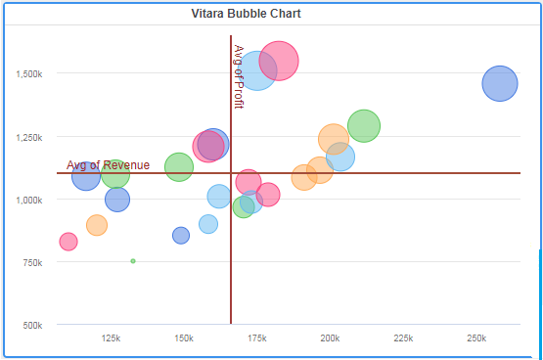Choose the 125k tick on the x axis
(111, 337)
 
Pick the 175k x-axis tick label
(257, 337)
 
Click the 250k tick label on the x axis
(476, 337)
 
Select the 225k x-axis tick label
(403, 337)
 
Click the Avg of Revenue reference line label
(108, 165)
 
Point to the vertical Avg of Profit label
(239, 77)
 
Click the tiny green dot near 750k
(133, 261)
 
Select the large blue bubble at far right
(500, 83)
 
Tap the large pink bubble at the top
(280, 61)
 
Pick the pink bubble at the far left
(68, 242)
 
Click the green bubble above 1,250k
(364, 126)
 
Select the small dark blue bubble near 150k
(181, 236)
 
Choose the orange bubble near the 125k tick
(97, 225)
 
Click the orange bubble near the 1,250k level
(334, 139)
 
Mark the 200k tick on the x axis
(331, 337)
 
